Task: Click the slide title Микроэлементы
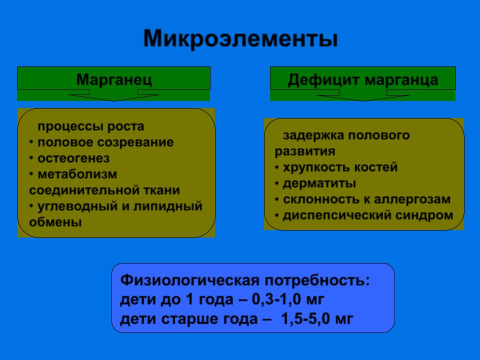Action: coord(240,39)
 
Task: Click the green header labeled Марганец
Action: coord(113,78)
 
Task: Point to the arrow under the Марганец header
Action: coord(113,95)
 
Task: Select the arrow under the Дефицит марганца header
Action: coord(363,95)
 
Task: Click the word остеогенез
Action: coord(73,158)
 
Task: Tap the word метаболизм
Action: coord(77,174)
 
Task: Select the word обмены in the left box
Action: coord(55,222)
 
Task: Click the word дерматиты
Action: coord(319,183)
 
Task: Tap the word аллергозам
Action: coord(412,199)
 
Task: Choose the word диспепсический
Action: coord(337,215)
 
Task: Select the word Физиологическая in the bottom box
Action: coord(190,280)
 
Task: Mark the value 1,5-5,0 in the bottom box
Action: coord(305,318)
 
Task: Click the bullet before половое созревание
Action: coord(31,142)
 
